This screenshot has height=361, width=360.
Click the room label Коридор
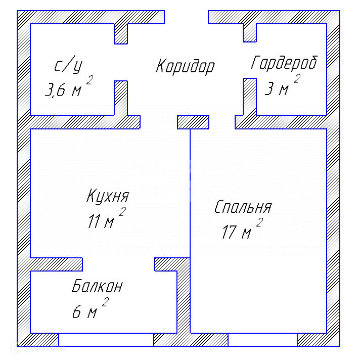pyautogui.click(x=185, y=66)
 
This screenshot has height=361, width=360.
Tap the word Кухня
pyautogui.click(x=108, y=196)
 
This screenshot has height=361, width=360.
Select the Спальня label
pyautogui.click(x=243, y=207)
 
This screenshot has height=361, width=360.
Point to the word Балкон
pyautogui.click(x=97, y=287)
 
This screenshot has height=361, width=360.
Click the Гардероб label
pyautogui.click(x=284, y=63)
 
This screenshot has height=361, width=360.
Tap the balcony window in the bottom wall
pyautogui.click(x=106, y=339)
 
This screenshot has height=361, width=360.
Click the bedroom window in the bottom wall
pyautogui.click(x=262, y=339)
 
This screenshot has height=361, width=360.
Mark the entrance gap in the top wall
pyautogui.click(x=186, y=17)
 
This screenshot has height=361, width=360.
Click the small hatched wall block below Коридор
pyautogui.click(x=193, y=122)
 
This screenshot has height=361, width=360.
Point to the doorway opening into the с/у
pyautogui.click(x=120, y=62)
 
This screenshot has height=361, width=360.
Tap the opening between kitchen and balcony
pyautogui.click(x=118, y=264)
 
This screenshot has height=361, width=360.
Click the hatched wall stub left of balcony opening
pyautogui.click(x=57, y=264)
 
